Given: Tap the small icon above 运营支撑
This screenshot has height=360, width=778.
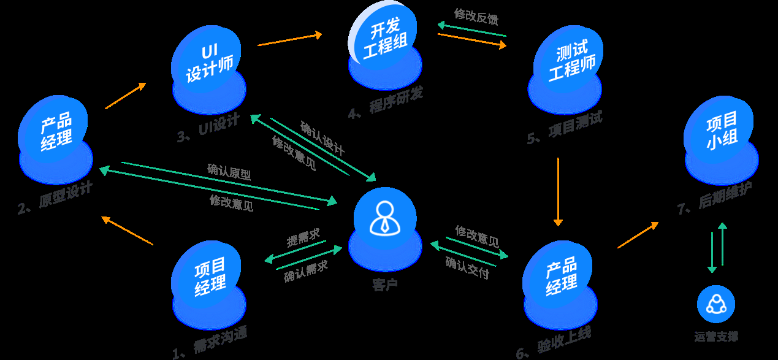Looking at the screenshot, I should coord(715,304).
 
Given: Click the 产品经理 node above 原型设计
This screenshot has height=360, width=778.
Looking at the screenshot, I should coord(56,132).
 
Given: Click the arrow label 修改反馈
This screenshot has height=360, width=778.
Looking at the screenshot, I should coord(476,16).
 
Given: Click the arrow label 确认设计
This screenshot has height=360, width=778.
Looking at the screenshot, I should coord(322,139).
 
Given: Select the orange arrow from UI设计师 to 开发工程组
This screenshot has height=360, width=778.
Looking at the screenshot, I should coord(289,39).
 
